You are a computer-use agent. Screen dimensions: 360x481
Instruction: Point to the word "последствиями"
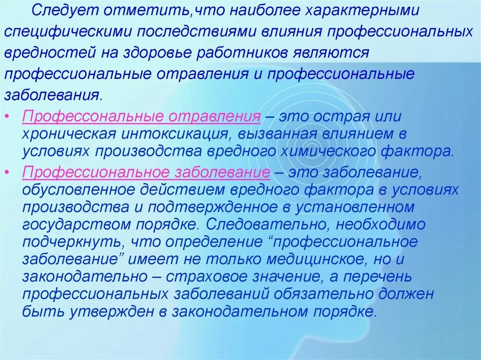tap(187, 31)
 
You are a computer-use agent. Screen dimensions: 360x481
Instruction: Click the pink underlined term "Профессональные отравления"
tap(141, 117)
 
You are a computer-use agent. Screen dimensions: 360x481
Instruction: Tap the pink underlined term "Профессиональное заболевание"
tap(146, 172)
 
